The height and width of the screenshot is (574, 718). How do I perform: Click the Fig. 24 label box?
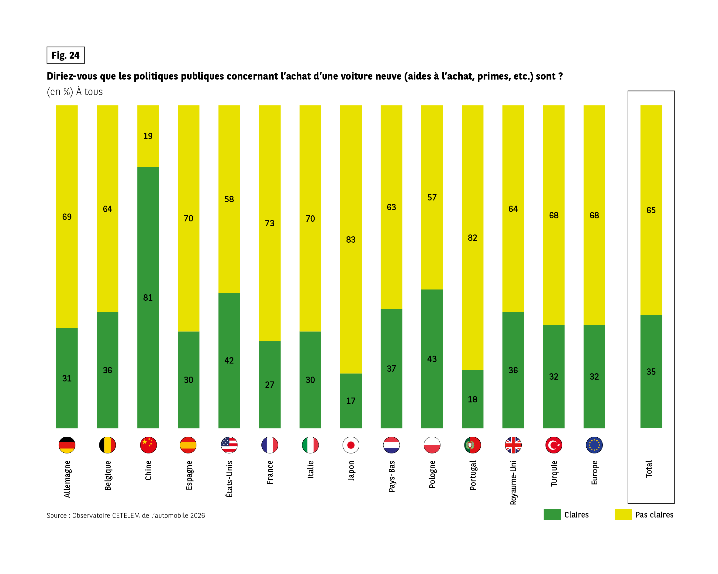tap(66, 55)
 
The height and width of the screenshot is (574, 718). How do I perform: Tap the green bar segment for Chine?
tap(148, 333)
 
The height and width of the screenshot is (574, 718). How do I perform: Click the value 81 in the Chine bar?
tap(148, 298)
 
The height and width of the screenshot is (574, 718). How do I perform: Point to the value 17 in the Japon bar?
tap(351, 401)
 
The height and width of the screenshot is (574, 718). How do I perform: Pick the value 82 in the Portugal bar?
tap(472, 237)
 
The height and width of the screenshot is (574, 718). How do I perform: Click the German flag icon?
tap(67, 445)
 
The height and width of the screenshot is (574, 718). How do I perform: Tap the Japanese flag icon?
tap(351, 445)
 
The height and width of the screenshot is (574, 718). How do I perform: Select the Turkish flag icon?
tap(554, 445)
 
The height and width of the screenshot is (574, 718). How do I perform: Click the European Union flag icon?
tap(594, 445)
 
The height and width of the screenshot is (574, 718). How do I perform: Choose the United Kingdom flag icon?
tap(513, 445)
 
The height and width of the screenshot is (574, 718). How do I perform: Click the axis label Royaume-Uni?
tap(513, 483)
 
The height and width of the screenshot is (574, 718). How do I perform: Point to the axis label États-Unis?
tap(229, 479)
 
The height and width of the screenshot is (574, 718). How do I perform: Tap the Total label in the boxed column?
tap(649, 469)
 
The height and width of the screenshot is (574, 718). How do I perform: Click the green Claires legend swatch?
tap(552, 514)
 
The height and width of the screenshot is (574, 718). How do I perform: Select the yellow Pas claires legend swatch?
tap(623, 514)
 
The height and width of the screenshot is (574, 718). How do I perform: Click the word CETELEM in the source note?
tap(126, 515)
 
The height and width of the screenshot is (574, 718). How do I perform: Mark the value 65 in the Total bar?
tap(651, 210)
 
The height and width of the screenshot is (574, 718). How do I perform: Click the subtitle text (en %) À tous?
tap(74, 91)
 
